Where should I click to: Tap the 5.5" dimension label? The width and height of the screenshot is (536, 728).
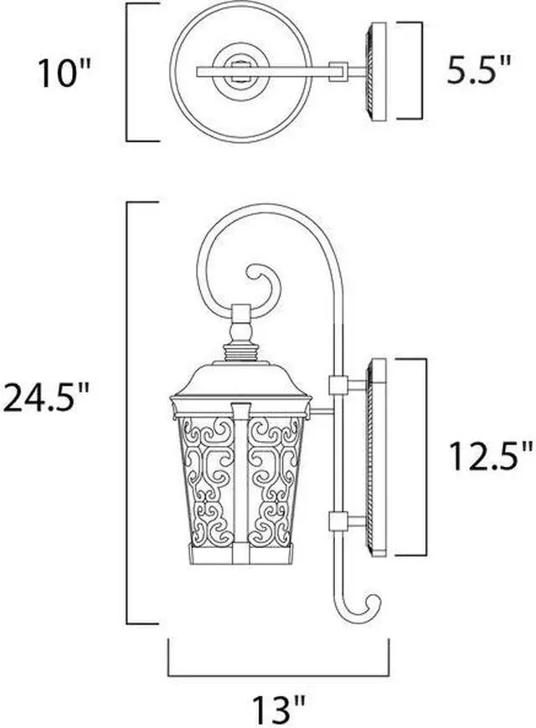point(478,70)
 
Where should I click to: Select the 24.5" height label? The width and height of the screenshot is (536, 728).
point(45,397)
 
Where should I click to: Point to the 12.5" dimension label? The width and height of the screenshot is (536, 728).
point(490,457)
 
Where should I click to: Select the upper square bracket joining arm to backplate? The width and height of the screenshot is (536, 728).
point(338,385)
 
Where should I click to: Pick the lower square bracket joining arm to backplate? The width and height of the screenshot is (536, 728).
point(338,521)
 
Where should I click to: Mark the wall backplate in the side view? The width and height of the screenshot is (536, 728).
point(378,456)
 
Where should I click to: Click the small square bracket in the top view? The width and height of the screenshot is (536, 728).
point(338,71)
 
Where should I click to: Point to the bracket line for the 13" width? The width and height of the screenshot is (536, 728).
point(278,674)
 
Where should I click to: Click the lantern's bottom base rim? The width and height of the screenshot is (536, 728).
point(240,556)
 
